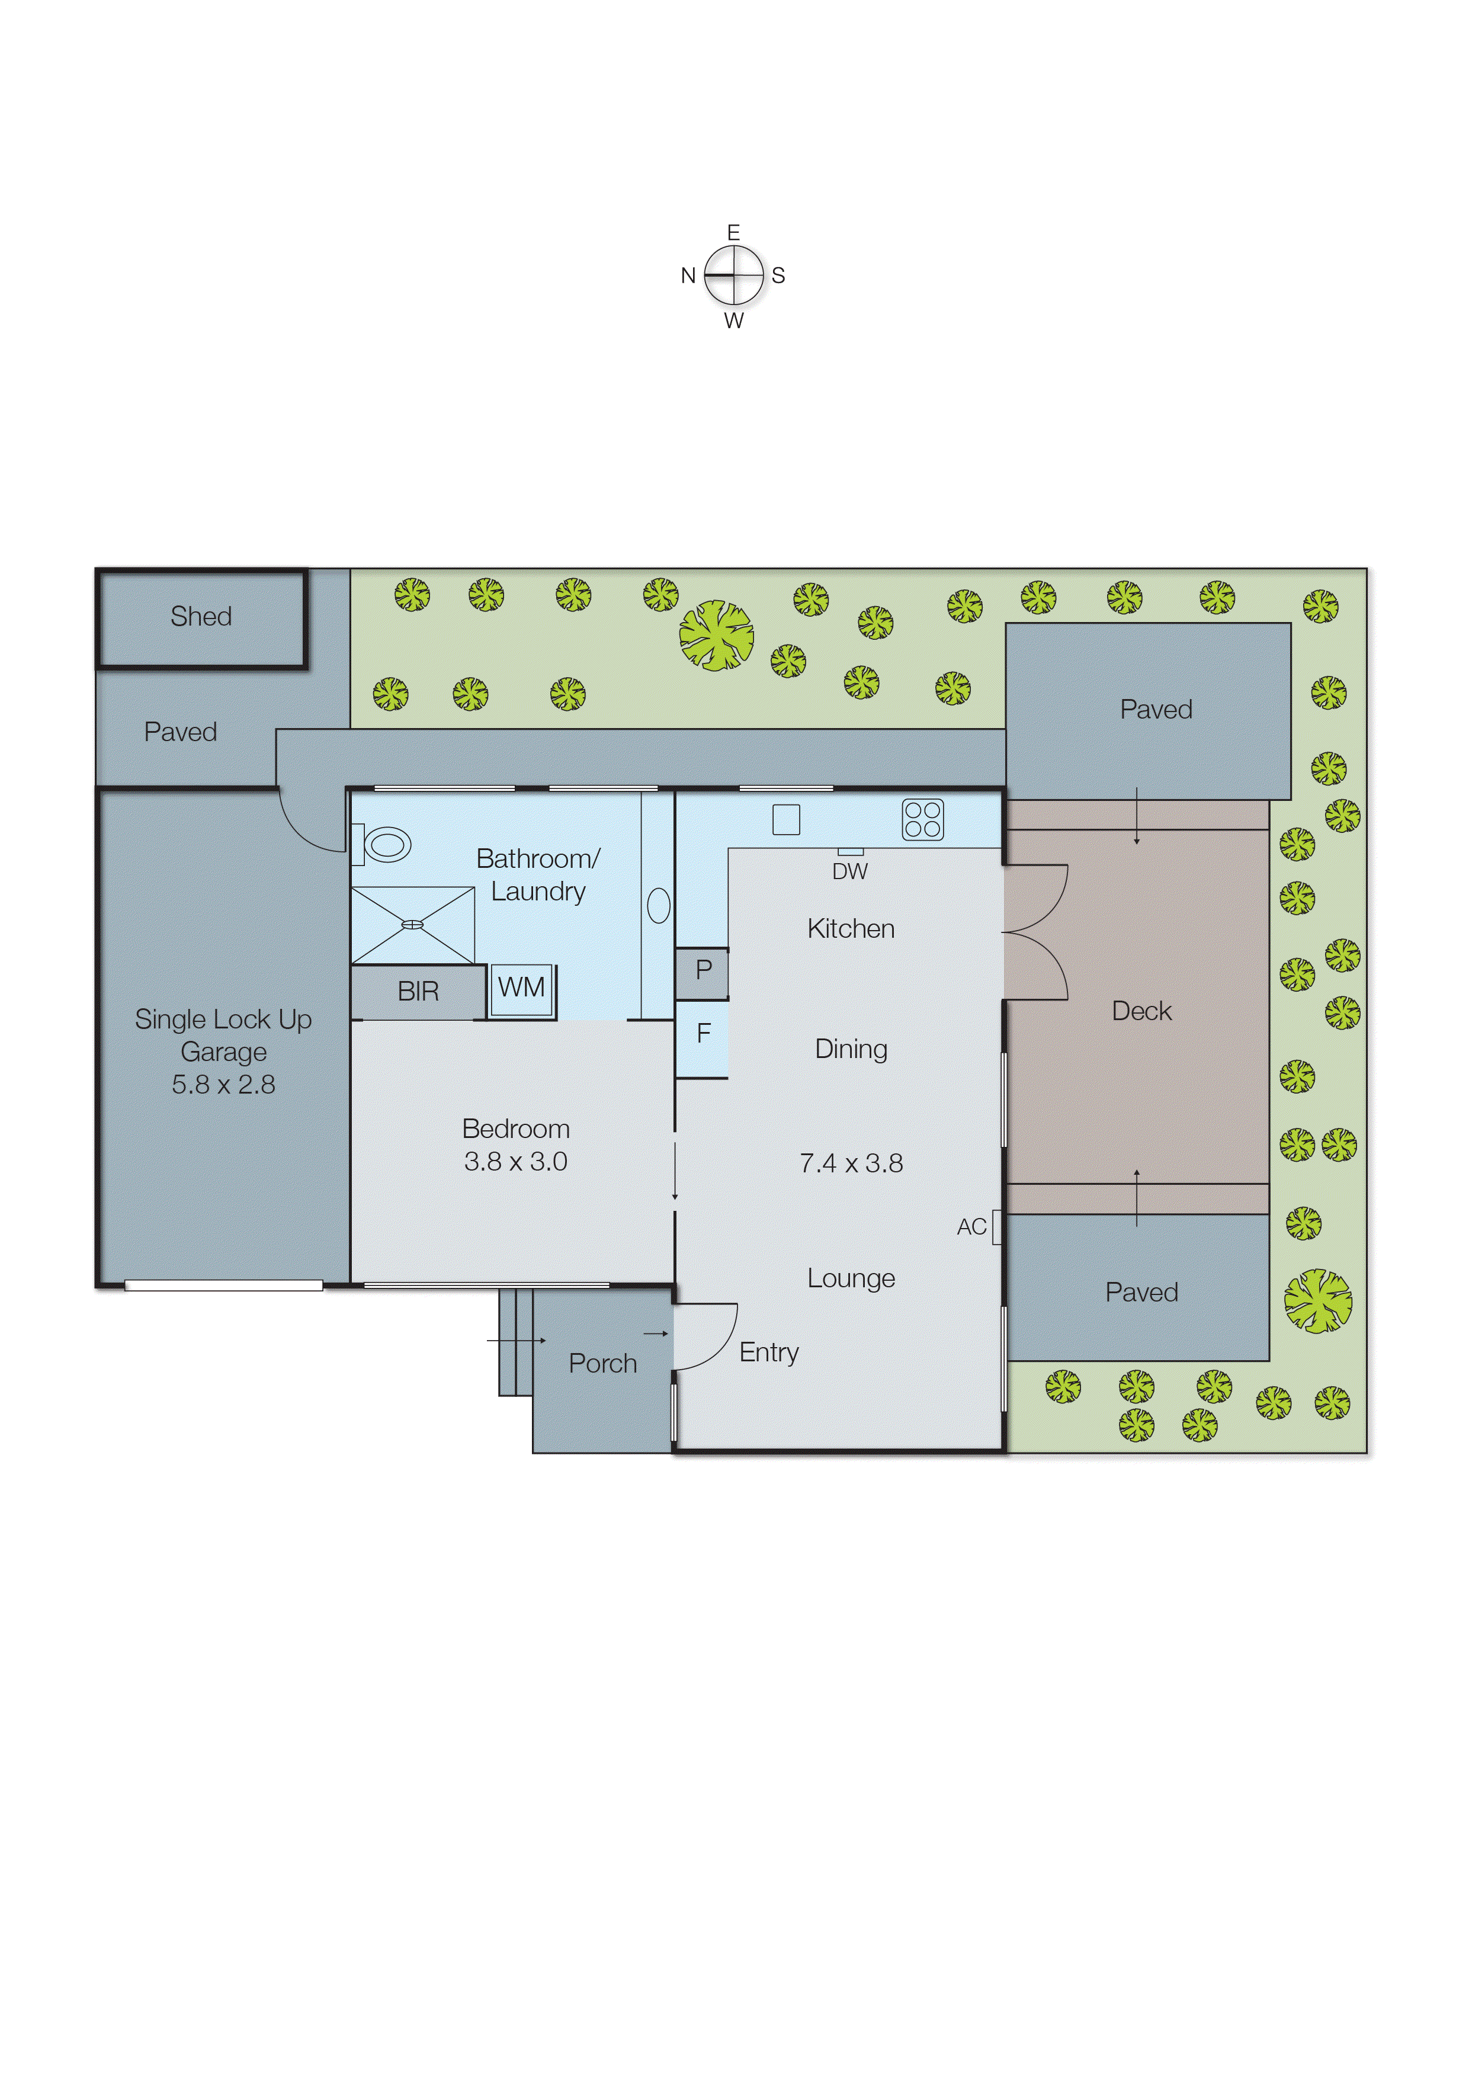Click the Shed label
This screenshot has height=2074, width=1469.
coord(201,617)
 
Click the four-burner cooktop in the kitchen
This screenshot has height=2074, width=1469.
coord(923,819)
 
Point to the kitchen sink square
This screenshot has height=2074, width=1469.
coord(786,819)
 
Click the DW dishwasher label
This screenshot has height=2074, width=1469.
coord(849,872)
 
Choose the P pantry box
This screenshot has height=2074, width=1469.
coord(703,970)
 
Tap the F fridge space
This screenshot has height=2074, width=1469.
coord(703,1034)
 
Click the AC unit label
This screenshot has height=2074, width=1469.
coord(971,1227)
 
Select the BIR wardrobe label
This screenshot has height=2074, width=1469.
coord(418,992)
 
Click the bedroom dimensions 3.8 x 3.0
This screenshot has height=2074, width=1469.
coord(515,1162)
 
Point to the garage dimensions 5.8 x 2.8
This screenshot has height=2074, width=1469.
coord(223,1085)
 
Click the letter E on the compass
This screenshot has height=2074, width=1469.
coord(733,232)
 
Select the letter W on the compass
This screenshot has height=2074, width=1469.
coord(733,321)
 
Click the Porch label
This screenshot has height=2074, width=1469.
coord(602,1364)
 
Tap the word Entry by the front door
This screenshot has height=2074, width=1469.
coord(769,1353)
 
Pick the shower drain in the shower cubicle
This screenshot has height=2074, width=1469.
coord(412,924)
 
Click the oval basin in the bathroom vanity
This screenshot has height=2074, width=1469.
coord(659,905)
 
